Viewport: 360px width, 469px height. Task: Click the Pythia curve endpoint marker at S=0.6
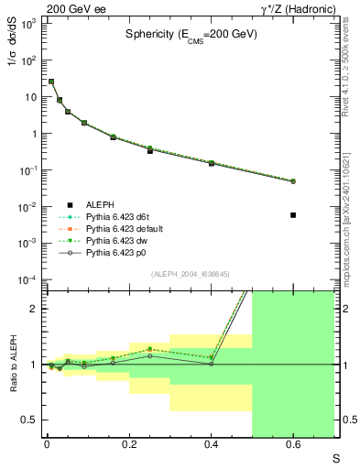tap(293, 181)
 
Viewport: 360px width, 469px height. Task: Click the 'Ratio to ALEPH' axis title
tap(13, 365)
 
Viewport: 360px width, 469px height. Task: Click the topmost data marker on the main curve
tap(51, 82)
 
